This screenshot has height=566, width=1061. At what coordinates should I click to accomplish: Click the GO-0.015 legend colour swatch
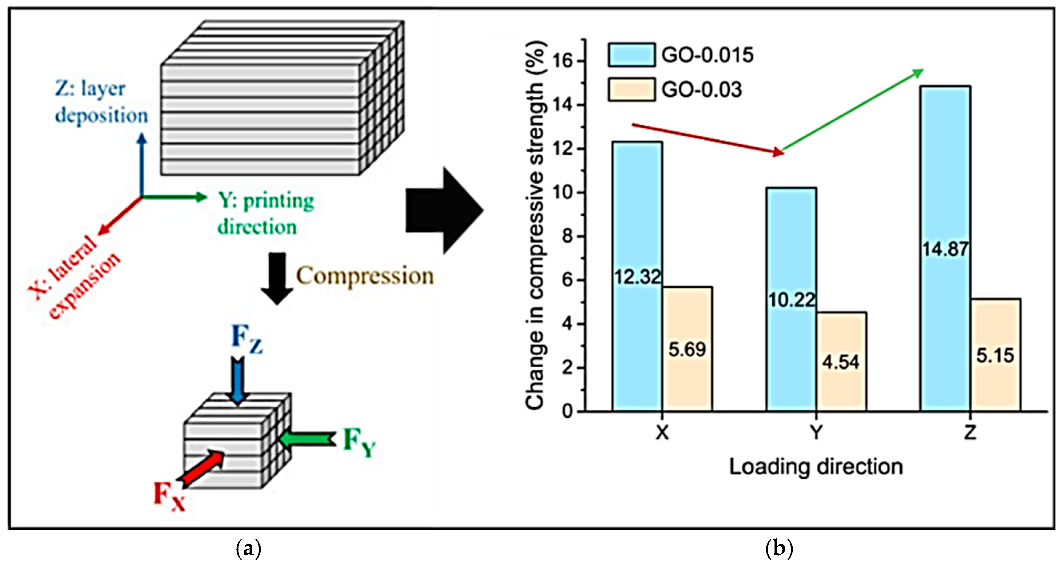[631, 55]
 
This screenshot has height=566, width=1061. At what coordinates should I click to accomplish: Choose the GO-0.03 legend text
[701, 90]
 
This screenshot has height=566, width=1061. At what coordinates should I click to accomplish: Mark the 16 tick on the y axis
[563, 61]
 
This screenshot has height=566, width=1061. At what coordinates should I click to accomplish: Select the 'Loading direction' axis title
[816, 467]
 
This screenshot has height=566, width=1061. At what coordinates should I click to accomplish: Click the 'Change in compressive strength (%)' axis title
[536, 225]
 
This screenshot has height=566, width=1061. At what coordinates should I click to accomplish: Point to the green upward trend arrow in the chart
[853, 110]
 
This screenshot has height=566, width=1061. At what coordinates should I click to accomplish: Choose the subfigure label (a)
[249, 549]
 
